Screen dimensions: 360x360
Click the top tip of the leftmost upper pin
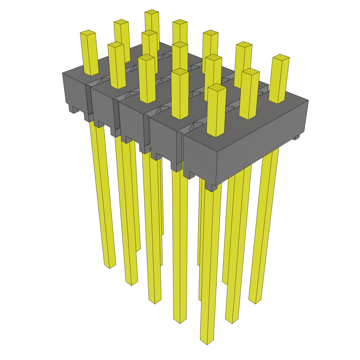[x=88, y=33]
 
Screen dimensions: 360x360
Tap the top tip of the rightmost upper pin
[x=281, y=57]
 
